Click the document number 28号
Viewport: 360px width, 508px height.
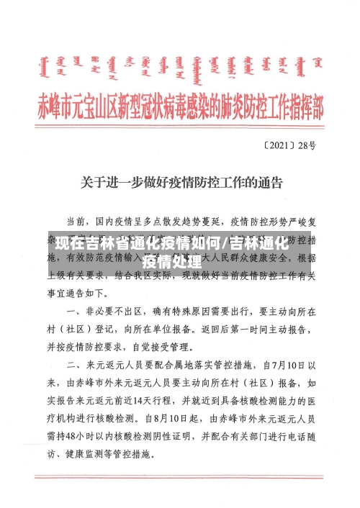(x=306, y=145)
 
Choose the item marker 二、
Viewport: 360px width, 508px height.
(x=76, y=364)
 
